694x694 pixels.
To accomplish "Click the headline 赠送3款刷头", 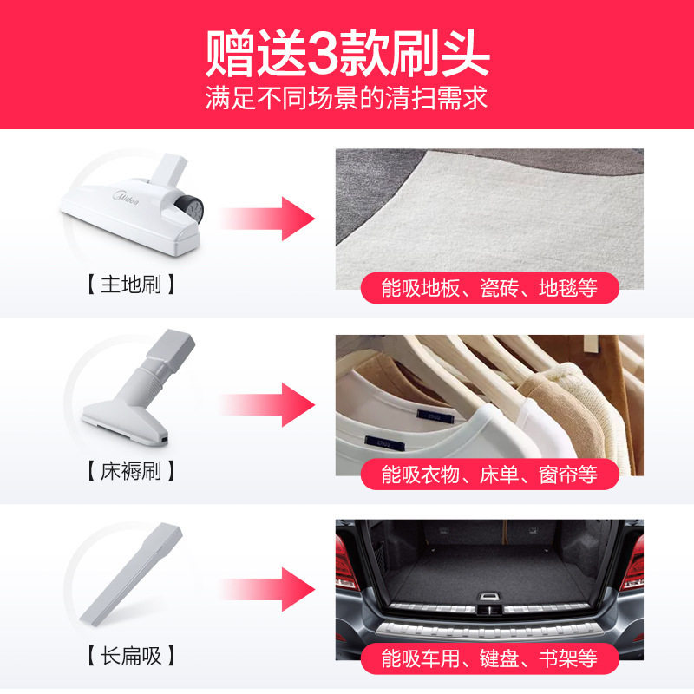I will (347, 53).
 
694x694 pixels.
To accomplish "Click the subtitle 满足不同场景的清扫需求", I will (347, 96).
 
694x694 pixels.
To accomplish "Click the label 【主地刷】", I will (131, 284).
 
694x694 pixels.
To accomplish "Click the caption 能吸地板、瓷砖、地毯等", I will (489, 288).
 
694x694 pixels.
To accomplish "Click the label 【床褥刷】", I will (131, 471).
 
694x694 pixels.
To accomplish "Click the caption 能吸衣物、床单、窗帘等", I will (489, 475).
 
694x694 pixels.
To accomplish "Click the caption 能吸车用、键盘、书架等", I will (489, 657).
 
